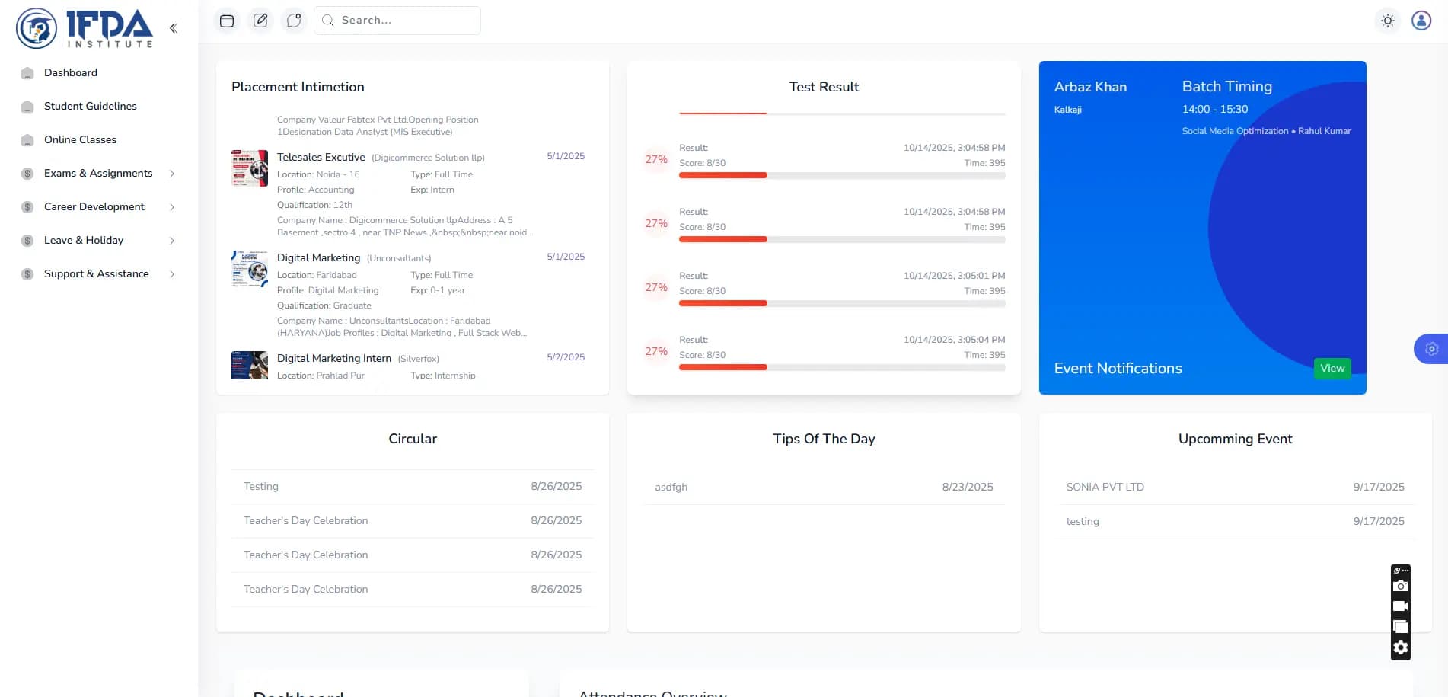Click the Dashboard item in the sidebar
point(70,73)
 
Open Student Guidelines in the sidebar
point(90,107)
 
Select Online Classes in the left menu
point(80,140)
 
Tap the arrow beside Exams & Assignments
point(172,174)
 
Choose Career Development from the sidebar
point(94,207)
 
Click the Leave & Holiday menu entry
point(83,241)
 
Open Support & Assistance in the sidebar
point(96,274)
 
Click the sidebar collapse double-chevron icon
point(174,28)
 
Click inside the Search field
point(403,21)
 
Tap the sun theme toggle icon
point(1388,21)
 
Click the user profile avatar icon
point(1421,21)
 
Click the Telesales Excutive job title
point(321,158)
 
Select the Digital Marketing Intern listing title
point(333,359)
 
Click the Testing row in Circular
point(261,487)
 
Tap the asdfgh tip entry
point(671,488)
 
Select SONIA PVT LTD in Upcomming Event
point(1105,488)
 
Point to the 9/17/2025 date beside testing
point(1378,522)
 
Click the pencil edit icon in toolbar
point(260,21)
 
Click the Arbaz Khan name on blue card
point(1090,88)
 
